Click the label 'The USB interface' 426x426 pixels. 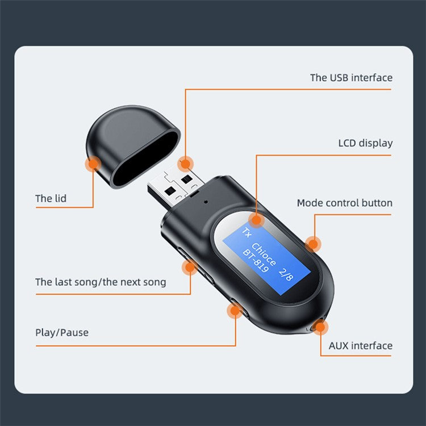pyautogui.click(x=351, y=78)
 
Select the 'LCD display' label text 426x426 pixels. pyautogui.click(x=365, y=143)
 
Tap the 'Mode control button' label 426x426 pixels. pyautogui.click(x=344, y=203)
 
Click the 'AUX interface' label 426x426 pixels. pyautogui.click(x=360, y=345)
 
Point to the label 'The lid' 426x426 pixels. pyautogui.click(x=51, y=198)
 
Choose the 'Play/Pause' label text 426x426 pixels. pyautogui.click(x=61, y=332)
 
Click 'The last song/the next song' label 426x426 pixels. pyautogui.click(x=101, y=282)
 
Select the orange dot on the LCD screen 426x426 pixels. pyautogui.click(x=257, y=219)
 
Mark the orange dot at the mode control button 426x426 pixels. pyautogui.click(x=312, y=244)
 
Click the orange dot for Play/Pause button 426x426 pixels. pyautogui.click(x=234, y=311)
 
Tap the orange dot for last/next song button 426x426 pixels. pyautogui.click(x=190, y=266)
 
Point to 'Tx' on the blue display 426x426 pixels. pyautogui.click(x=245, y=232)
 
